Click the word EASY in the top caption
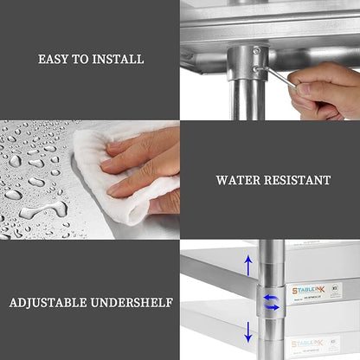[x=55, y=60]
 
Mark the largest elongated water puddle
[x=40, y=210]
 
